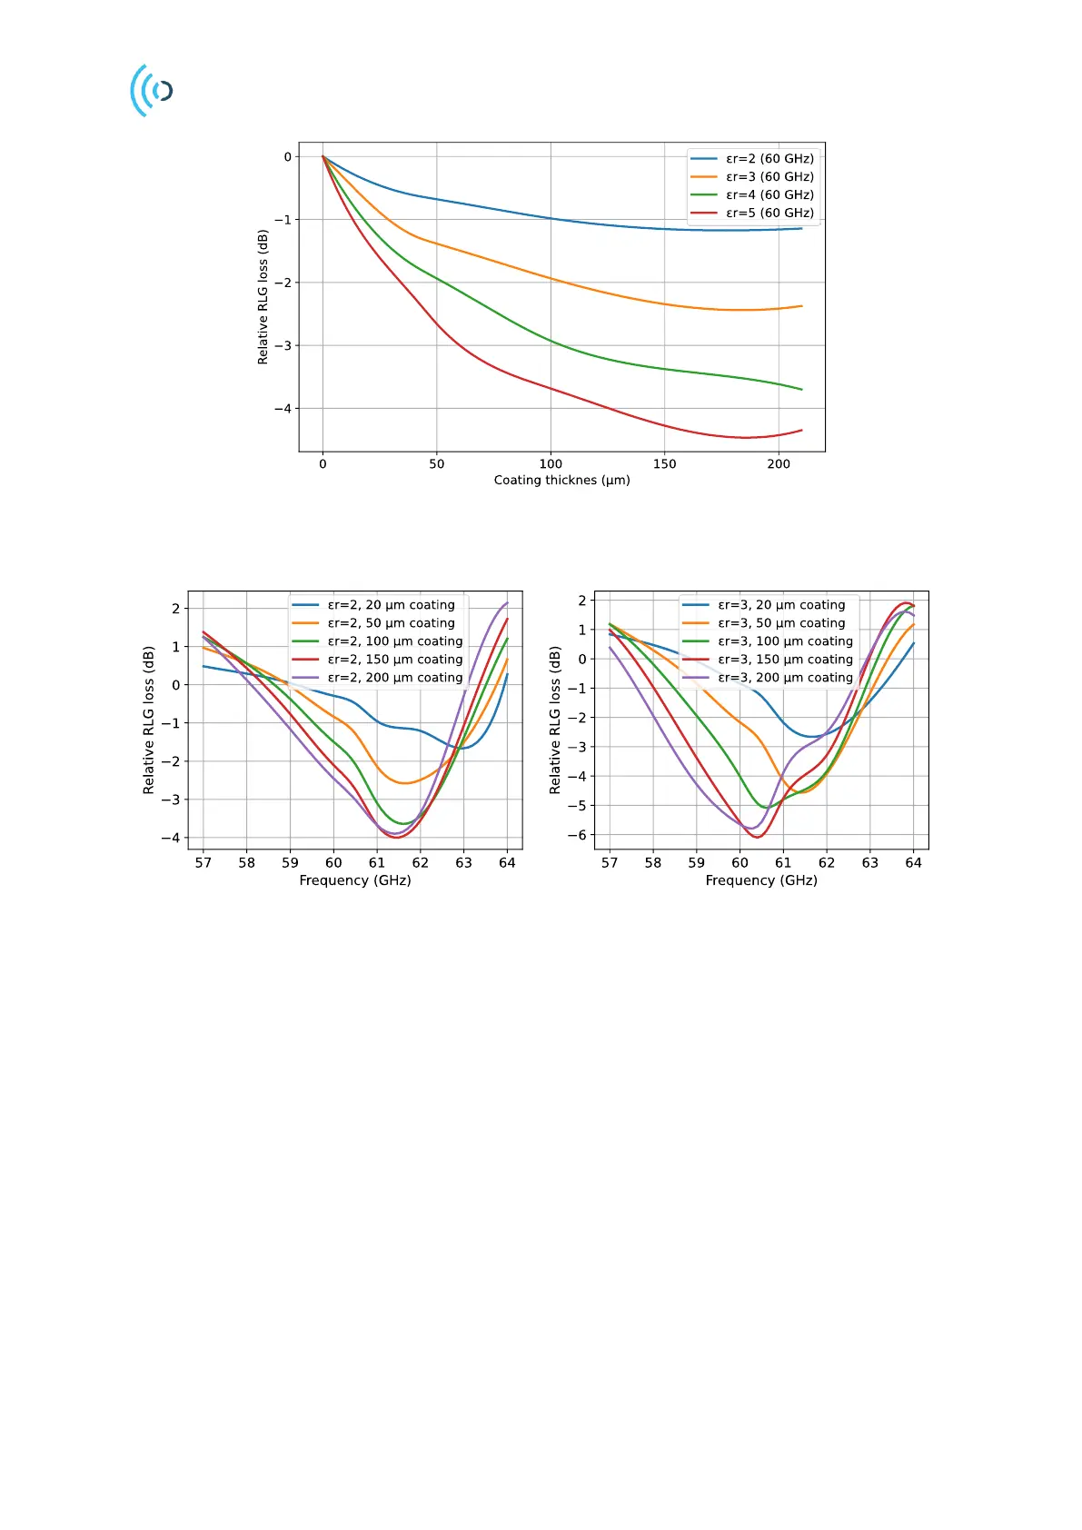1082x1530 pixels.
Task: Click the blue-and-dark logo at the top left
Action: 152,90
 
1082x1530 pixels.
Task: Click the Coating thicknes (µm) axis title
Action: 561,480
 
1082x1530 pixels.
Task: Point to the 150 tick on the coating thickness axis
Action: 664,463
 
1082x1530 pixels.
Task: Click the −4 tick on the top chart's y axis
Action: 283,409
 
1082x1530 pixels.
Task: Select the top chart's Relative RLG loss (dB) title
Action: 263,297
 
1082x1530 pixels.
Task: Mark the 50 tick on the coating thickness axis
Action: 437,463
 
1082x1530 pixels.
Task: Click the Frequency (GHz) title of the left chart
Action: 355,880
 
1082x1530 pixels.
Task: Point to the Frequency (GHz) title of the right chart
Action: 761,880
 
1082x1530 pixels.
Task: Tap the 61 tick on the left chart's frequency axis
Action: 377,863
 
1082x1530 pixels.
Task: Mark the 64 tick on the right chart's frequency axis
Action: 913,863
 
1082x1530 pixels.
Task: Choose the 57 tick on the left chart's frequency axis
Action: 203,863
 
